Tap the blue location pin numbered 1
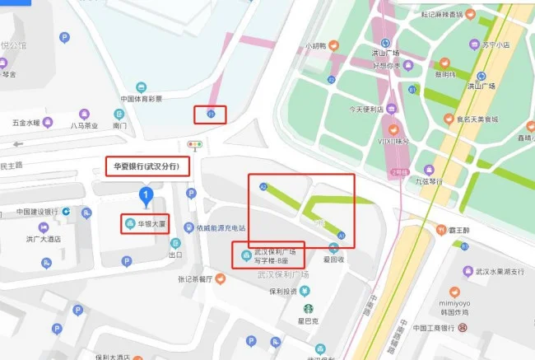click(x=146, y=196)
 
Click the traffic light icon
click(x=195, y=146)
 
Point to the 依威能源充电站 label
click(x=221, y=228)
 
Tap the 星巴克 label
click(x=308, y=319)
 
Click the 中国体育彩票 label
click(x=142, y=98)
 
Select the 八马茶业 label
click(x=84, y=125)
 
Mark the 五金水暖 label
click(x=26, y=123)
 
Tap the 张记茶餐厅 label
click(x=196, y=278)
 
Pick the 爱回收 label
click(x=334, y=258)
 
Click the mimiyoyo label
click(x=454, y=302)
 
